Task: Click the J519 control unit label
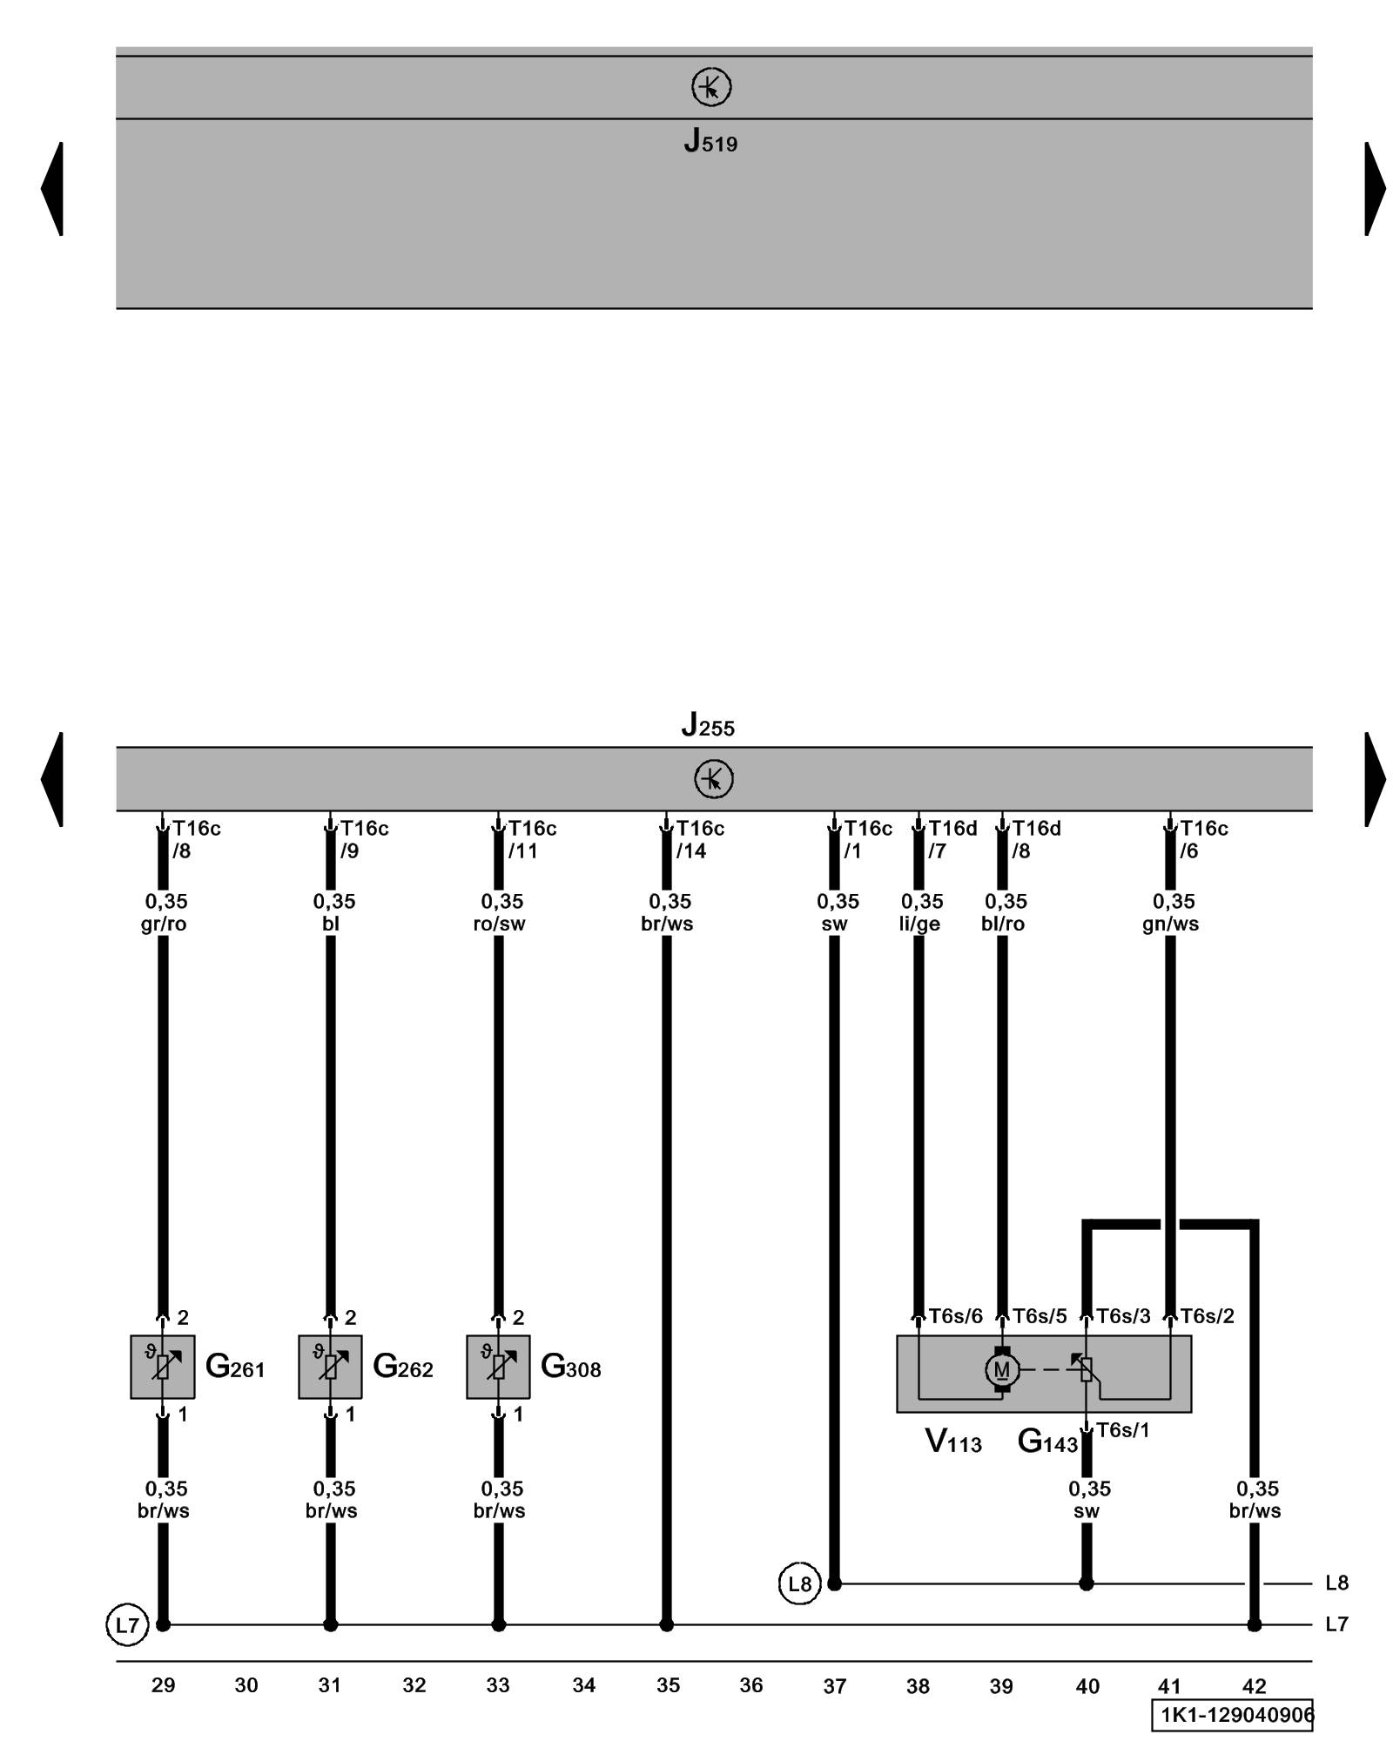point(710,141)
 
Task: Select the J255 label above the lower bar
point(708,724)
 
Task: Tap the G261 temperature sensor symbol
point(163,1367)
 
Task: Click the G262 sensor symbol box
point(330,1367)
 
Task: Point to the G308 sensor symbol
point(498,1367)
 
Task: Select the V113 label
point(952,1442)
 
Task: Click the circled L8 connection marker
point(799,1583)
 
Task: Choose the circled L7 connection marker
point(127,1624)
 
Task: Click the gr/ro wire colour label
point(164,924)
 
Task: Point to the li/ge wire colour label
point(919,924)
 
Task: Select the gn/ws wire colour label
point(1170,924)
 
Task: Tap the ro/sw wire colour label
point(499,924)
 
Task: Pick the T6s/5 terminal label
point(1040,1316)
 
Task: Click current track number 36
point(750,1685)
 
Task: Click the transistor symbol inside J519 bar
point(711,87)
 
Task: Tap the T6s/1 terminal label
point(1122,1430)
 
